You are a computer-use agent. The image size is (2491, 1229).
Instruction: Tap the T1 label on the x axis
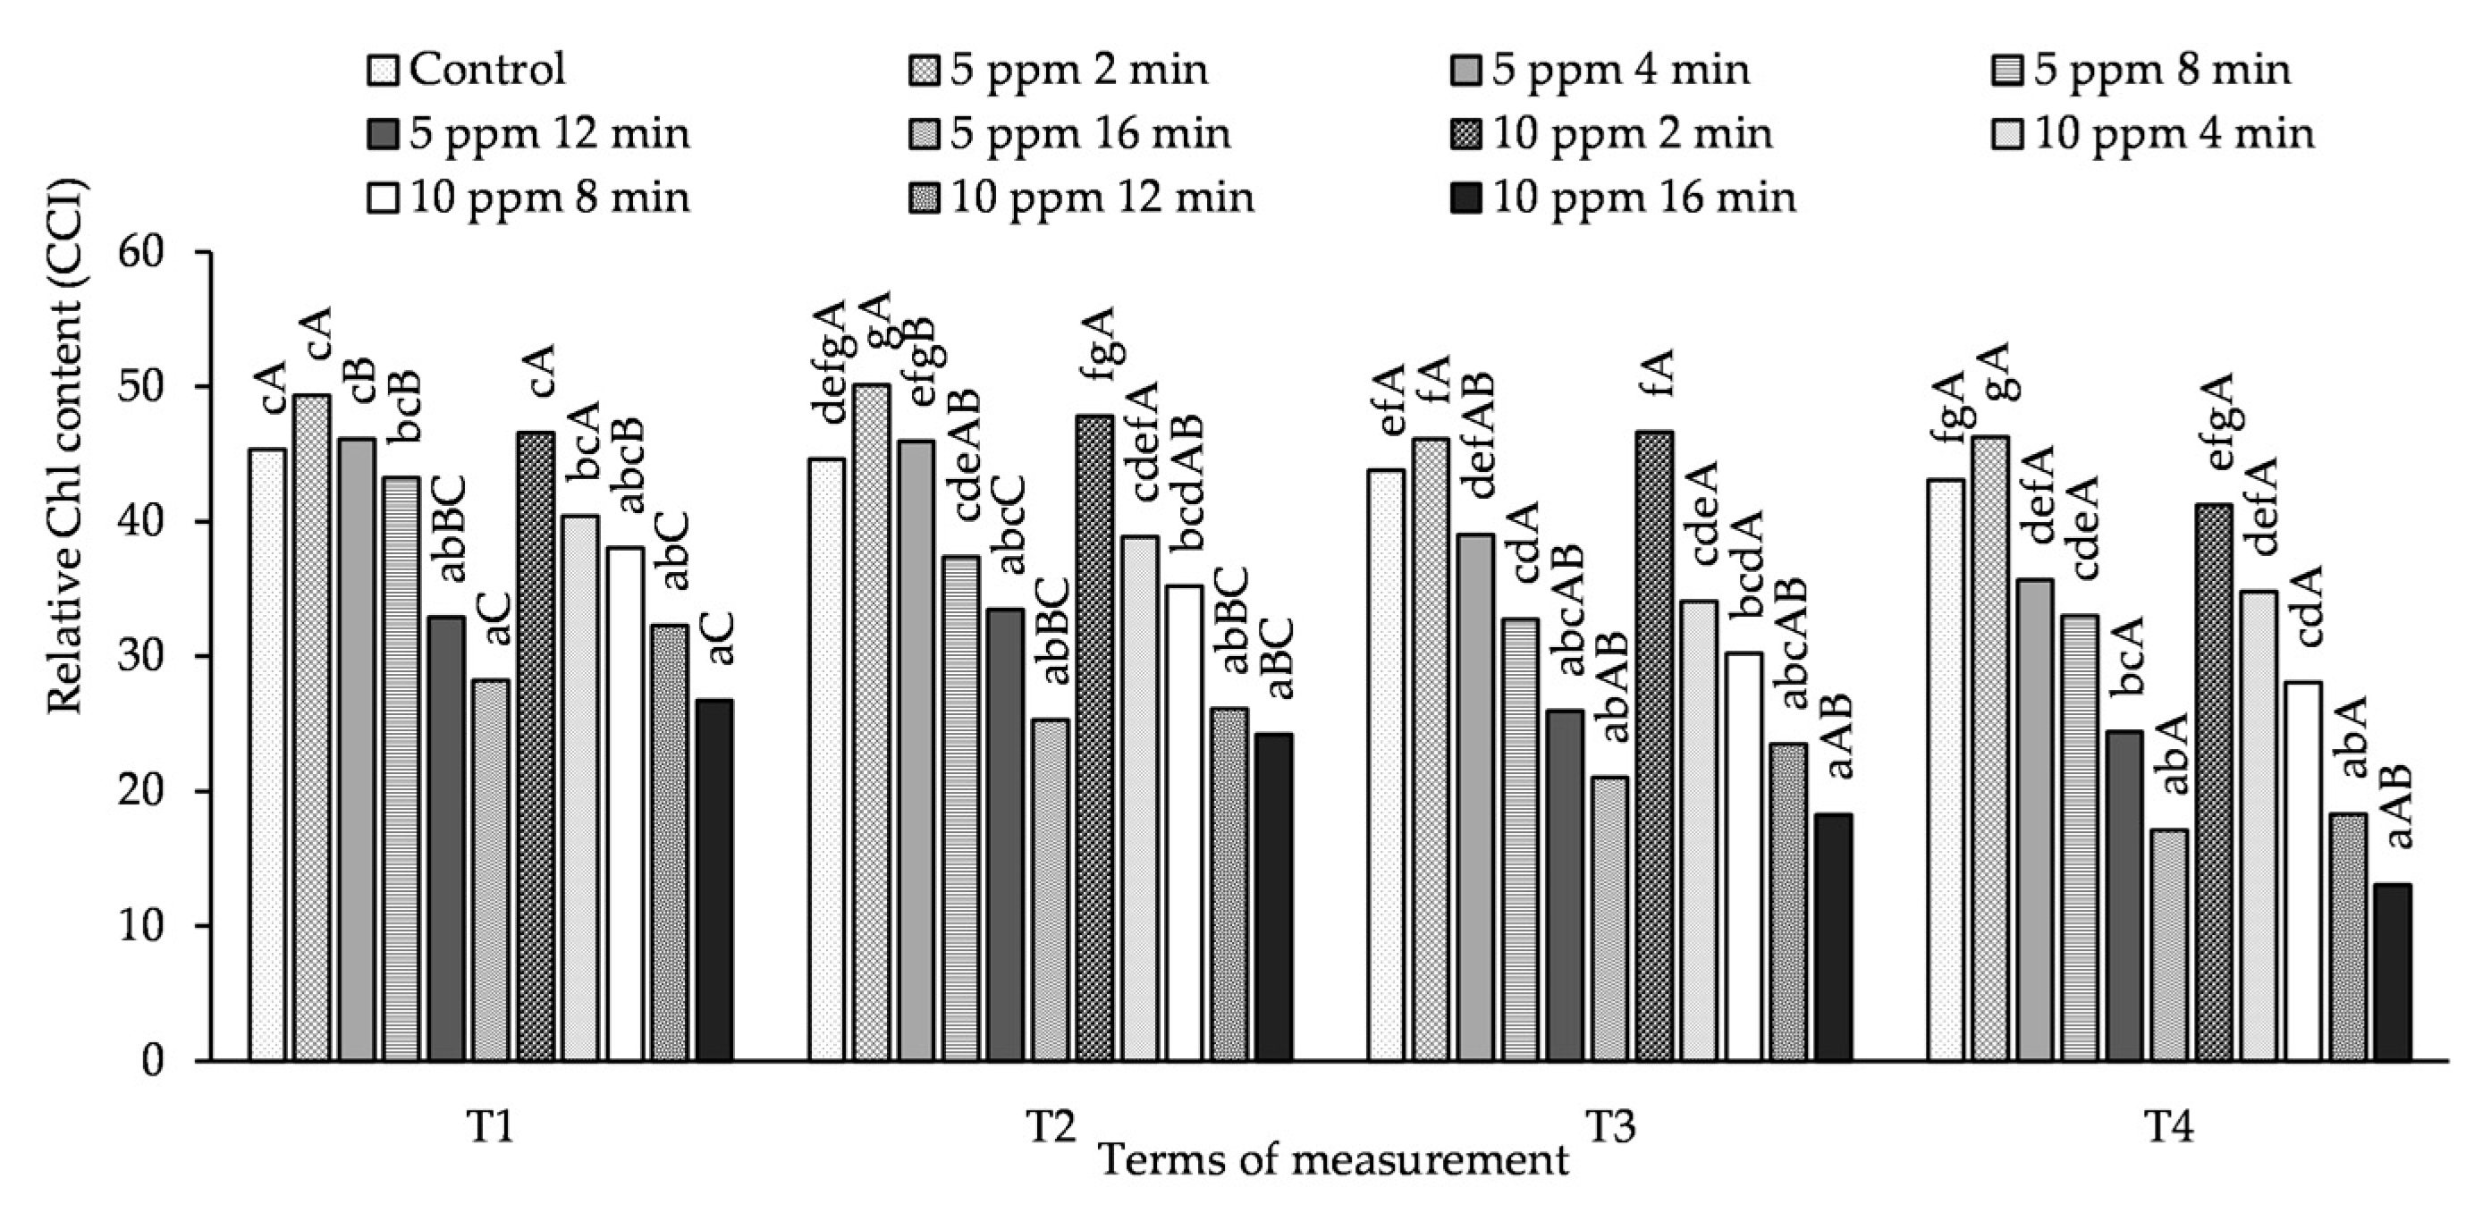click(x=489, y=1127)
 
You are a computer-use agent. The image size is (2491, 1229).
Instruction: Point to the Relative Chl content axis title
click(x=68, y=445)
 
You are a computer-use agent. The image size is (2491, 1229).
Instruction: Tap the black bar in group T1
click(x=714, y=880)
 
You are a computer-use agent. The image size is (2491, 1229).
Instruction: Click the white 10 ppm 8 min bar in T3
click(x=1744, y=856)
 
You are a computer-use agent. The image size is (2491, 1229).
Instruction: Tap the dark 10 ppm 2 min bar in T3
click(x=1654, y=745)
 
